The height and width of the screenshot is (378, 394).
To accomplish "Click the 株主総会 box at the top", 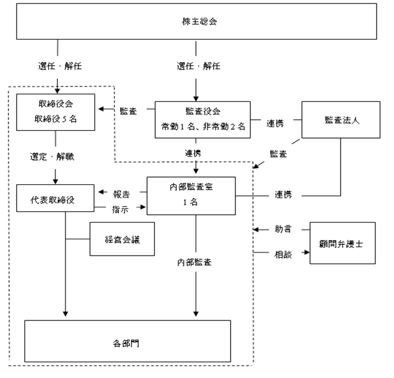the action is tap(196, 22).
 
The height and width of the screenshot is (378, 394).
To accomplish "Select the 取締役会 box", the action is tap(55, 112).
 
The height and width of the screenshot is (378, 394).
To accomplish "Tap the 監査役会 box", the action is tap(202, 120).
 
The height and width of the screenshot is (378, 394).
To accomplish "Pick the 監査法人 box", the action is tap(341, 120).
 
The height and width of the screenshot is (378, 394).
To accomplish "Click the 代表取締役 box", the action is tap(55, 198).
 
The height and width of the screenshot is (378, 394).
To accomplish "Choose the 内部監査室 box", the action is tap(191, 196).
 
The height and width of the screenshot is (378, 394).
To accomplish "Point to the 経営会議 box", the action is tap(122, 239).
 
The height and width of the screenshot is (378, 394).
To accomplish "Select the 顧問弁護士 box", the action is tap(342, 243).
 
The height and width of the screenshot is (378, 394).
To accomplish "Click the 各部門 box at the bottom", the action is tap(127, 341).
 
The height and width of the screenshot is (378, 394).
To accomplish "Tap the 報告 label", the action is tap(121, 194).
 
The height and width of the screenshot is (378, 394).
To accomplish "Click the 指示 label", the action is tap(120, 209).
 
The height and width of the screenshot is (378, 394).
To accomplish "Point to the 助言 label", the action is tap(283, 229).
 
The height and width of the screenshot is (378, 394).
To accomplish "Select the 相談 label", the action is tap(283, 254).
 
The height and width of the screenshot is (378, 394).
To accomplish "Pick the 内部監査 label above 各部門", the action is tap(194, 262).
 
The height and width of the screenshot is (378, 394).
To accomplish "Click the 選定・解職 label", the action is tap(52, 157).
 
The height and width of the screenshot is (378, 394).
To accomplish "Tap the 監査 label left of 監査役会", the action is tap(128, 111).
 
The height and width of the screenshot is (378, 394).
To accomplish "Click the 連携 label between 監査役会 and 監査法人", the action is tap(275, 123).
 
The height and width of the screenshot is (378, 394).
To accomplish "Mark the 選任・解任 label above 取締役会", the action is tap(60, 66).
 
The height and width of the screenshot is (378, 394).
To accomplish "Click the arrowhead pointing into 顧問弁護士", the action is tap(307, 252).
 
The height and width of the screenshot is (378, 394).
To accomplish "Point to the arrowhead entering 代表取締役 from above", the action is tap(55, 182).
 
